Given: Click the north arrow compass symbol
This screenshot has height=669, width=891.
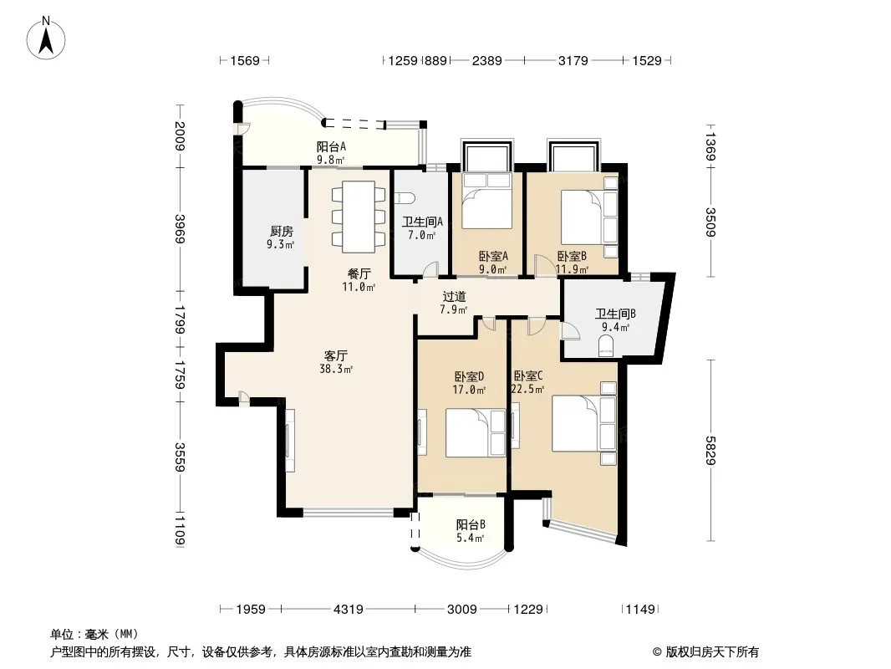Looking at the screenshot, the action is [46, 38].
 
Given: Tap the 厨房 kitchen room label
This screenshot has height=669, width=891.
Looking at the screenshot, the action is [282, 232].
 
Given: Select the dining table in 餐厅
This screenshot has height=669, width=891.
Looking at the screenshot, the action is [359, 217].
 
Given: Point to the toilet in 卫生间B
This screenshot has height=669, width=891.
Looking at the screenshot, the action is [606, 346].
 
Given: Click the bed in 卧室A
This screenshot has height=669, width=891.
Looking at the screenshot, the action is [486, 201].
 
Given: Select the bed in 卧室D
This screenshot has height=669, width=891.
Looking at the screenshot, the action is [475, 432].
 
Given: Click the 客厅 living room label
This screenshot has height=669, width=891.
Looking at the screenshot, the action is [335, 355].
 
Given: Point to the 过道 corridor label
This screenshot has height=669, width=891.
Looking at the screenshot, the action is [454, 296].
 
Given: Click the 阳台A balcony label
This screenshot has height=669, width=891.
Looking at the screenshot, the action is [331, 146].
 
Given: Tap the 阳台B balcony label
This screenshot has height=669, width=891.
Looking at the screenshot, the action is [471, 524].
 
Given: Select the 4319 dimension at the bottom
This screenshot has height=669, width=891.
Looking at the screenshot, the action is [348, 610].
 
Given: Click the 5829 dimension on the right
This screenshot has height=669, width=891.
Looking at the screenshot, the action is [710, 450].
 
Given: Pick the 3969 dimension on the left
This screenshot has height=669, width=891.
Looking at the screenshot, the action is [181, 228].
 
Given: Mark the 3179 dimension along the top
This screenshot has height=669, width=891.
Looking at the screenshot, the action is [573, 60].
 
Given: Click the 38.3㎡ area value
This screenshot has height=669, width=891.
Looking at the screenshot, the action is [336, 369].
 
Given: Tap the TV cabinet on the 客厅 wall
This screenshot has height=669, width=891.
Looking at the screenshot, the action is [290, 441].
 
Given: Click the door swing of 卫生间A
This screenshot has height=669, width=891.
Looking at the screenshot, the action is [431, 268].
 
